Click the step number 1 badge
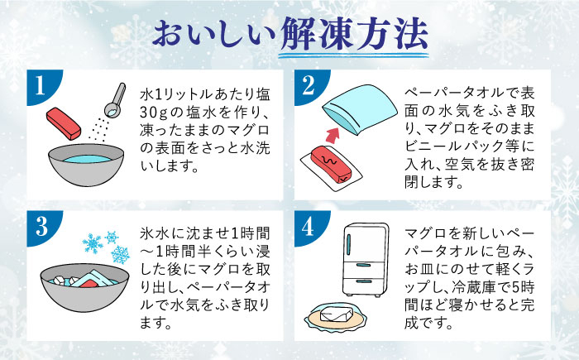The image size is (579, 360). (x=39, y=86)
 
